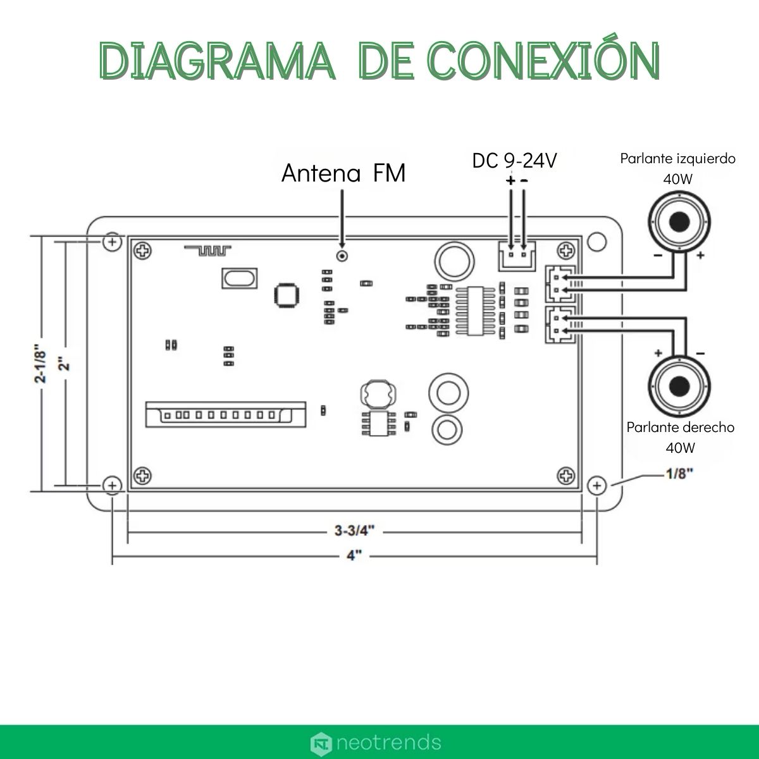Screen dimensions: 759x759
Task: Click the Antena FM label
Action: click(x=343, y=173)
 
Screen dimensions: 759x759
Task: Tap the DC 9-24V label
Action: click(x=514, y=161)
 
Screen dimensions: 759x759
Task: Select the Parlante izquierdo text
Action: click(x=677, y=158)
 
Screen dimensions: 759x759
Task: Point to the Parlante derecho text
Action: click(x=681, y=427)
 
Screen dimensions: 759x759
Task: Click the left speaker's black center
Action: click(x=679, y=222)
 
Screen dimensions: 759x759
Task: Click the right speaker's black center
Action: click(x=680, y=385)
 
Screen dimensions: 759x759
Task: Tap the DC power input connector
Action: click(x=516, y=254)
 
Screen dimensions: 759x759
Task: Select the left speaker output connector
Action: click(x=560, y=283)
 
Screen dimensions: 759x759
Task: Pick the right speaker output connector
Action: click(x=560, y=324)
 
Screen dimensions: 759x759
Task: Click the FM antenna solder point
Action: click(x=342, y=256)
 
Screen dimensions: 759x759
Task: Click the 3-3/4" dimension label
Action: click(x=354, y=531)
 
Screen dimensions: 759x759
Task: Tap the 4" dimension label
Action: click(x=354, y=555)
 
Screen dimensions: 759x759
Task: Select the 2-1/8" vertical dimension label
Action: click(x=39, y=364)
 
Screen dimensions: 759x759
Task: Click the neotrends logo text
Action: click(x=388, y=741)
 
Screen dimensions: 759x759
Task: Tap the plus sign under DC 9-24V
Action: click(x=510, y=182)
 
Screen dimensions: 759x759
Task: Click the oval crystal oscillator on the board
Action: click(x=240, y=278)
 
